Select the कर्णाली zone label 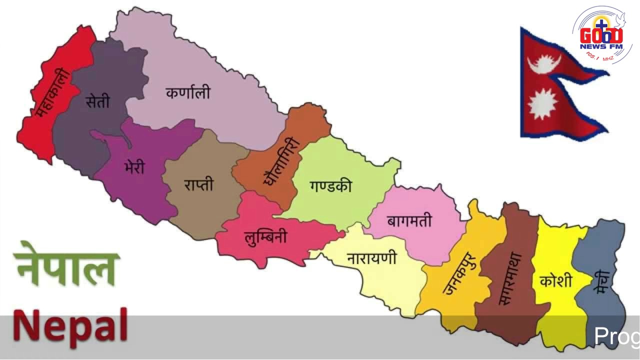coord(188,93)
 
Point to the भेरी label coord(134,166)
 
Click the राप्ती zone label coord(198,184)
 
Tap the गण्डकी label coord(330,186)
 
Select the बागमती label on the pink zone coord(409,220)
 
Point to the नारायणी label coord(371,258)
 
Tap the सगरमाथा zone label coord(510,278)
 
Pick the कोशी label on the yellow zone coord(555,280)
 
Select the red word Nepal coord(70,325)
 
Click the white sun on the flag coord(542,103)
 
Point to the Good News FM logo coord(601,36)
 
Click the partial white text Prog coord(616,336)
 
